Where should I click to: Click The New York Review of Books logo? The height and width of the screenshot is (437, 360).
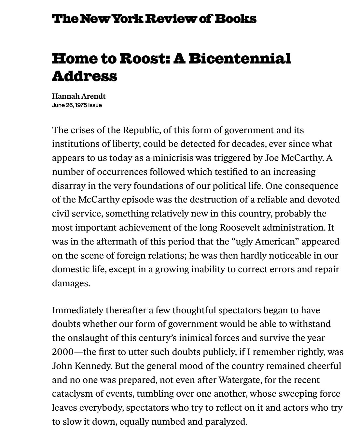point(154,19)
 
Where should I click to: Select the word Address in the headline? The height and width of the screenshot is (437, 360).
point(84,76)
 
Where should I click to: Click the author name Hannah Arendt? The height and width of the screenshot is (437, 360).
point(79,96)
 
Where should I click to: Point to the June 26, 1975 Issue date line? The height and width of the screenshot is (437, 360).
point(77,105)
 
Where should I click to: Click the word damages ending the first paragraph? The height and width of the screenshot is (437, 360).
point(71,283)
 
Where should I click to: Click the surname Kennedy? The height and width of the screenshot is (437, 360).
point(94,366)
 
